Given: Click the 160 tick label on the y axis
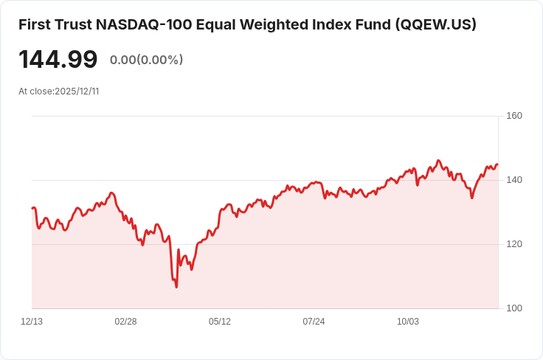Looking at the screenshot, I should [514, 116].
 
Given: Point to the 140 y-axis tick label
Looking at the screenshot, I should [514, 180].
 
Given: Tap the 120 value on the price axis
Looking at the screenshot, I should [514, 244].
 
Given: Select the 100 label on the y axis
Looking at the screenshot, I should [514, 308].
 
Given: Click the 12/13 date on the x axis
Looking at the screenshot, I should [32, 322].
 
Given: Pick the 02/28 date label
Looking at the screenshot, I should [125, 322].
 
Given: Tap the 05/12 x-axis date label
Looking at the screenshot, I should [220, 322].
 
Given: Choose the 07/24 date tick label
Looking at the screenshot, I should [314, 322].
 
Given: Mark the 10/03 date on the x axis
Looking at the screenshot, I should [408, 322].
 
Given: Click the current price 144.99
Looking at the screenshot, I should [58, 59].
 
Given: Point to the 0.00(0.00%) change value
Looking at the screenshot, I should [146, 60].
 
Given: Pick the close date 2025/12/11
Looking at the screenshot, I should [77, 91].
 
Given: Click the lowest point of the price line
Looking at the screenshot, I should [176, 287].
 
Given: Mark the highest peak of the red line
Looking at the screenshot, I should [438, 160].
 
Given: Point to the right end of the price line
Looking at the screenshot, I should [497, 165].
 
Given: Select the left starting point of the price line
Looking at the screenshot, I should [32, 208].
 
